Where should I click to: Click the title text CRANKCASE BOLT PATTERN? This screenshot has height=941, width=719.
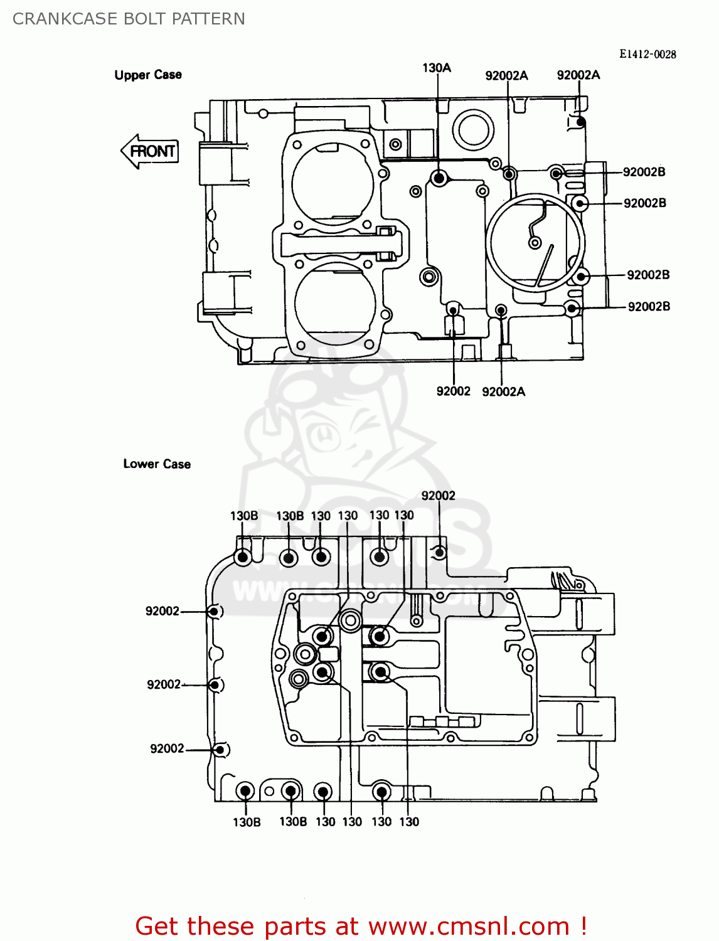tap(129, 19)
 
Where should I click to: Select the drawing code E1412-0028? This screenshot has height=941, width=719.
tap(647, 54)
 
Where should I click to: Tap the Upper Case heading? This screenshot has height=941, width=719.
tap(148, 75)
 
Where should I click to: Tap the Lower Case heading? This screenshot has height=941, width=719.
tap(157, 464)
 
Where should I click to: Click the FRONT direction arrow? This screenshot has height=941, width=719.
tap(150, 151)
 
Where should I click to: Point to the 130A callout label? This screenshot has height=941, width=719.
tap(437, 68)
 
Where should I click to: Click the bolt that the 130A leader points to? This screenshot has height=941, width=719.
tap(439, 178)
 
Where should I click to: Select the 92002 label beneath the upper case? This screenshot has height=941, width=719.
tap(453, 391)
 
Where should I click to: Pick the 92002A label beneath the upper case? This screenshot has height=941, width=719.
tap(503, 391)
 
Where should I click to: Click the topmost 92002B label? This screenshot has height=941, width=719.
tap(644, 172)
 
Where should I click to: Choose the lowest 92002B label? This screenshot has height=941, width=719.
tap(649, 306)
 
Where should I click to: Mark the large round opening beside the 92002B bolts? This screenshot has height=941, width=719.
tap(535, 242)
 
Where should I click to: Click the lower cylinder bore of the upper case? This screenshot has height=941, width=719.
tap(335, 303)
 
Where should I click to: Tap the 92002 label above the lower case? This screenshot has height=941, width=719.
tap(438, 496)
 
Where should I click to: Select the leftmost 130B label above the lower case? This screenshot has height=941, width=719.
tap(244, 516)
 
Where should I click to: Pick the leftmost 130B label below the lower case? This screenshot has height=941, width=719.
tap(247, 822)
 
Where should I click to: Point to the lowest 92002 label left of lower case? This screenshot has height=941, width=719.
tap(167, 748)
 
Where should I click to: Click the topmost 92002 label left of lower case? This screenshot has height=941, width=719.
tap(162, 611)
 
